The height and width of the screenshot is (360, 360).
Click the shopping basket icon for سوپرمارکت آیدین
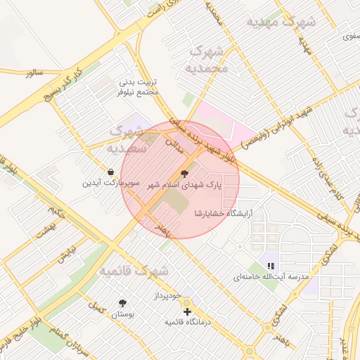pos(111,172)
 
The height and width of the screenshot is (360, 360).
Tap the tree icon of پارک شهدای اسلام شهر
pos(185,173)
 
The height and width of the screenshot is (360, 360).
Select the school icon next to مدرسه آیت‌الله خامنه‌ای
pos(271,266)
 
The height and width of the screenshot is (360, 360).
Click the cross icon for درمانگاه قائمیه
pos(187,311)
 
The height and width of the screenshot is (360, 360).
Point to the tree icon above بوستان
pos(124,303)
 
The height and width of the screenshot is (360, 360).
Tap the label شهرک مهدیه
pos(281,22)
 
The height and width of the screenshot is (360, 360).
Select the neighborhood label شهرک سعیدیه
pos(126,139)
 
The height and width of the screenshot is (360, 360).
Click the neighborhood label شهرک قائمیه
pos(134,271)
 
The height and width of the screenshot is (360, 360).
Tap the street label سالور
pos(34,73)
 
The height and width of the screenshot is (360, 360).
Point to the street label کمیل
pos(96,307)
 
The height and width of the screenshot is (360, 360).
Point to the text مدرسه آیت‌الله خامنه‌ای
pos(271,278)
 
